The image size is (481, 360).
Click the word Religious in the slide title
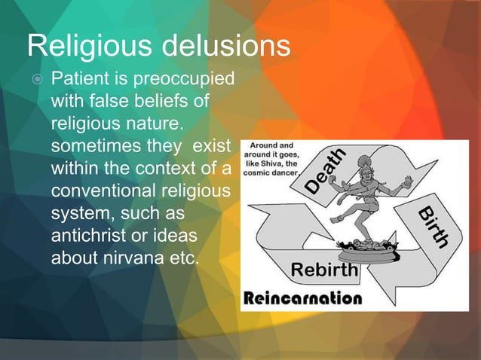point(84,46)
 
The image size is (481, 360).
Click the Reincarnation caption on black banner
point(302,298)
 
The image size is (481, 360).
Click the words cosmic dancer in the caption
point(272,170)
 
